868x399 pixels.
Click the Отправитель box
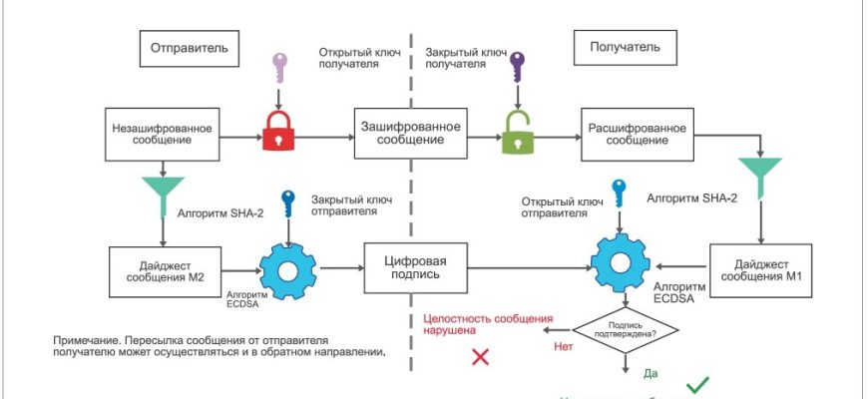coord(190,47)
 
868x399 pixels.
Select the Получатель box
coord(622,47)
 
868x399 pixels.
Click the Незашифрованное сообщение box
coord(161,134)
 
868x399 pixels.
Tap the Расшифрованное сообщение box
coord(637,134)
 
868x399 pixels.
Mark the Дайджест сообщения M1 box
coord(761,268)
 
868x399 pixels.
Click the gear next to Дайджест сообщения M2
coord(287,268)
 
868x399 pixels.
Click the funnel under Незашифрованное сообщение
coord(161,194)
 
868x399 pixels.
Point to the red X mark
coord(480,357)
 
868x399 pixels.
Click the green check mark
coord(696,384)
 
